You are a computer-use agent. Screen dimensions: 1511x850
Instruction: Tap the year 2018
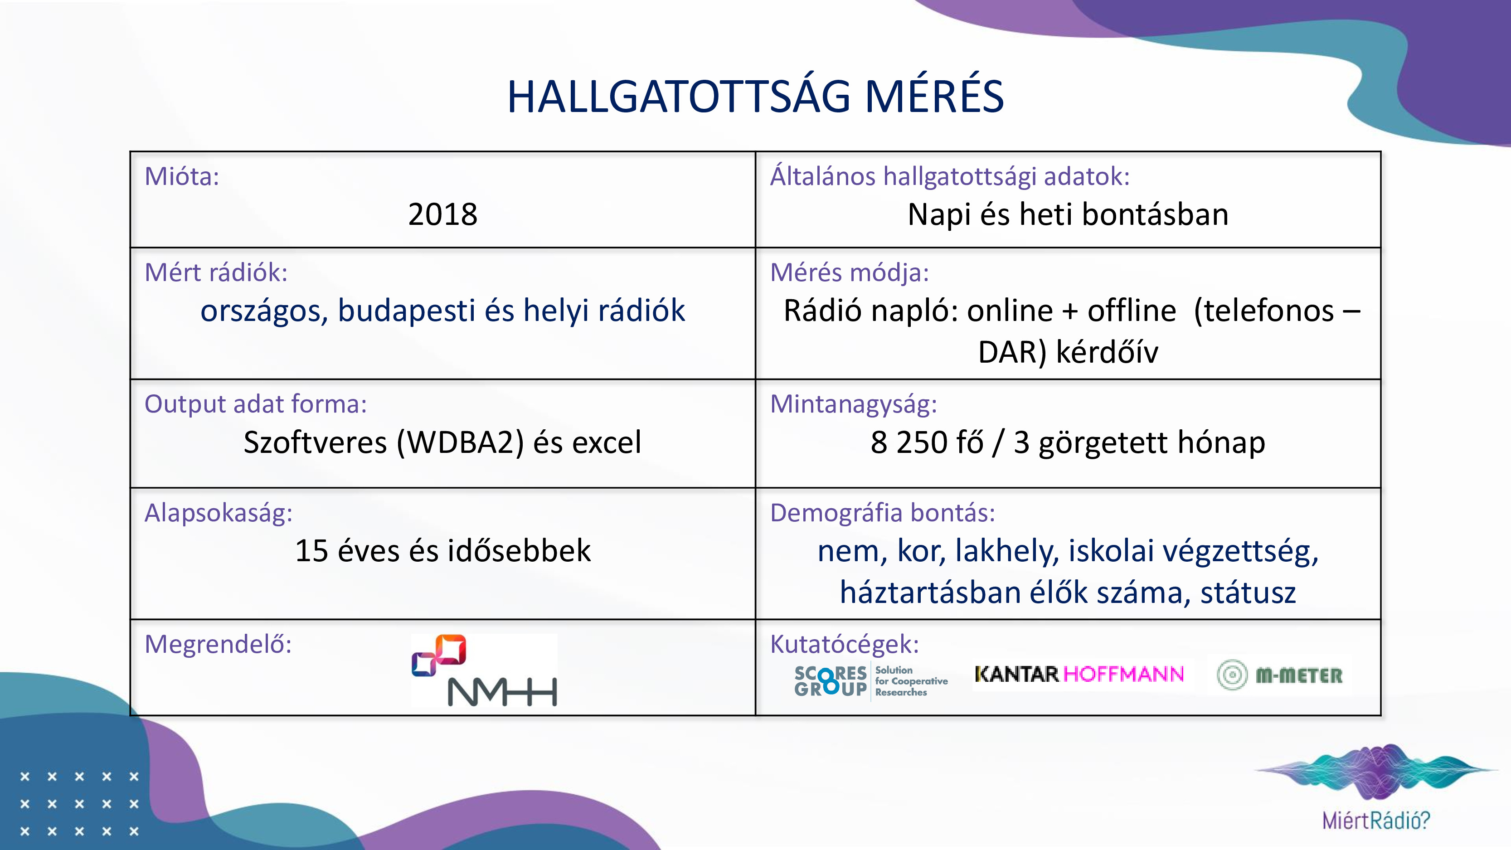443,214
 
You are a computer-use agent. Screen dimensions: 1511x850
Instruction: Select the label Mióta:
182,176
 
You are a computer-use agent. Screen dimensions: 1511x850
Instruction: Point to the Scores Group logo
871,680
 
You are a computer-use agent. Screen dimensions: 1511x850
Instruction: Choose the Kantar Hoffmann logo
1079,674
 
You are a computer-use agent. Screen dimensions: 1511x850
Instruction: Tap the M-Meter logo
1279,675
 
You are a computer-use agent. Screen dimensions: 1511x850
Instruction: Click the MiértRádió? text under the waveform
1376,820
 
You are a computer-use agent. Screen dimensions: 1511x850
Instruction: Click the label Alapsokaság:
218,513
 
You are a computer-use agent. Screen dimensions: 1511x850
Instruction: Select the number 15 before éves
311,551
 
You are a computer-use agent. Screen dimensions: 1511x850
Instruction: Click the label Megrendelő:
218,644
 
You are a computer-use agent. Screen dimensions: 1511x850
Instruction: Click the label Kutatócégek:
845,644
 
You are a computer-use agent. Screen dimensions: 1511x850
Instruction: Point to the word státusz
1248,593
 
